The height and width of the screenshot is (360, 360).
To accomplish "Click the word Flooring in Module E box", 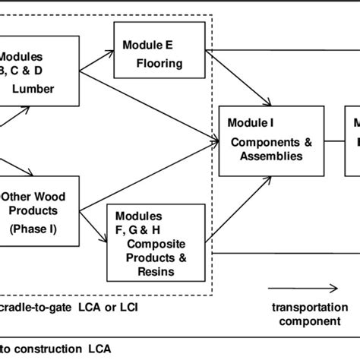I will click(x=159, y=63).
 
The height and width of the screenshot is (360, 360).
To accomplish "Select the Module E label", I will click(x=147, y=43).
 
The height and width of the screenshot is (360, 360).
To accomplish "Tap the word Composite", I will click(x=155, y=245).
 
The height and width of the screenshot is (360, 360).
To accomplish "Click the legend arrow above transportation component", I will click(x=301, y=289).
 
